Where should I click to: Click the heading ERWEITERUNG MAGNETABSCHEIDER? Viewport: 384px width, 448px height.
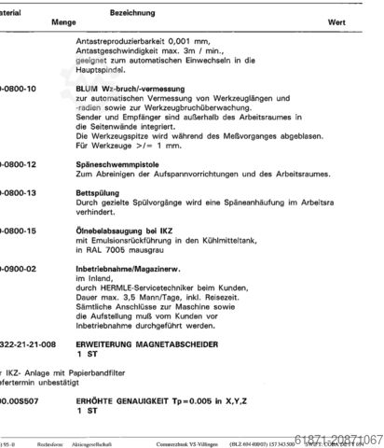[x=148, y=345]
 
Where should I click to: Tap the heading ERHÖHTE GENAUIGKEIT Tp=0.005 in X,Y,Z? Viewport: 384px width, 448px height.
[x=158, y=401]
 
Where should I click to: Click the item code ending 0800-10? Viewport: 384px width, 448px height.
[x=18, y=89]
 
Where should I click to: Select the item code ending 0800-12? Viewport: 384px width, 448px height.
[x=18, y=164]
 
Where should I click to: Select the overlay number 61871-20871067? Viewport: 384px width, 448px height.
[x=340, y=439]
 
